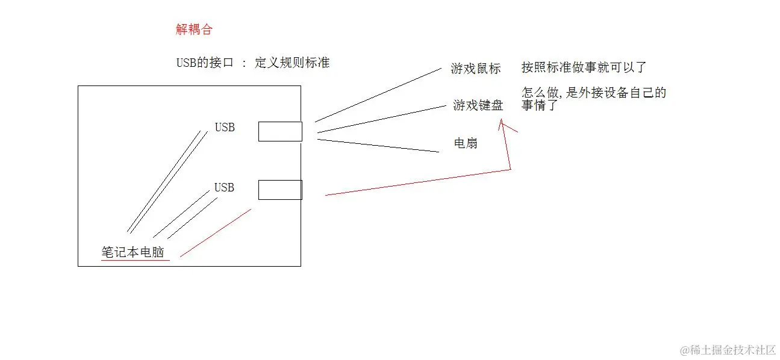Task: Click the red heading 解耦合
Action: point(194,29)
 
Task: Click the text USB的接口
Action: point(204,63)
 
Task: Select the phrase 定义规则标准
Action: point(292,63)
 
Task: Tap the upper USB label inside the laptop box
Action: point(225,128)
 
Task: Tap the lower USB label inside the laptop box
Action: point(224,188)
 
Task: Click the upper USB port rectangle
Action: point(280,131)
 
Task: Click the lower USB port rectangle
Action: point(280,190)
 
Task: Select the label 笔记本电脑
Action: point(133,252)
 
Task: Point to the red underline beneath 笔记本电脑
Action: point(136,261)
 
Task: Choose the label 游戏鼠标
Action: point(475,69)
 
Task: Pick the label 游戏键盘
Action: point(478,106)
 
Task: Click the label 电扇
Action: point(466,144)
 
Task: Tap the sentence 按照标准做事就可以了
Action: point(584,67)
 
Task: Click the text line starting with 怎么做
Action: point(594,93)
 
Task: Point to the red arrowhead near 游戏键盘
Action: point(501,123)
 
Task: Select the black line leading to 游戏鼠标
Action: point(378,95)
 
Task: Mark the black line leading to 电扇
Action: point(378,146)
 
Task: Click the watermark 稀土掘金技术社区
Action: point(729,349)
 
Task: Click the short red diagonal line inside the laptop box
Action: point(215,233)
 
